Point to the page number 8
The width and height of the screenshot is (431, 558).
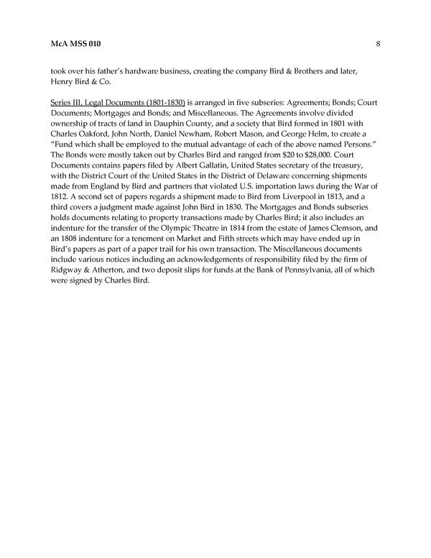click(x=378, y=44)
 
